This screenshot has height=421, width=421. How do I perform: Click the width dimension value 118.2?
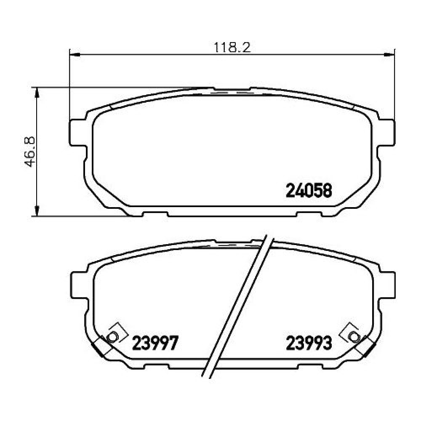[x=232, y=48]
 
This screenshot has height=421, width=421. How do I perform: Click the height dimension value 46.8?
[x=29, y=152]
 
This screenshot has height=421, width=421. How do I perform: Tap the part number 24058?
[x=309, y=190]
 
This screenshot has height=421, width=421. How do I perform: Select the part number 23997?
[x=155, y=343]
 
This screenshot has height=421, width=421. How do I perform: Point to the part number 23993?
[x=309, y=343]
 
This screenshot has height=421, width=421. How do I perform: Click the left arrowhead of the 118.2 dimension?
[x=75, y=55]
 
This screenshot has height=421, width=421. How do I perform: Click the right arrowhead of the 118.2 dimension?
[x=389, y=55]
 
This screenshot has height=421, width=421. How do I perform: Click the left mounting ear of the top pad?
[x=78, y=133]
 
